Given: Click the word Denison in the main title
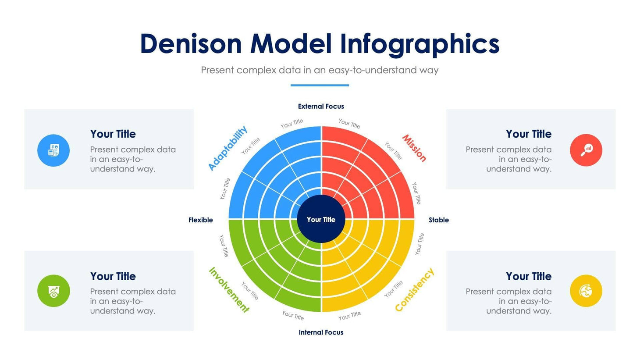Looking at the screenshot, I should [191, 44].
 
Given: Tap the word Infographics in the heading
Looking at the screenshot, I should [420, 44].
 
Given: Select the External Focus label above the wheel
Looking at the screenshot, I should [321, 107].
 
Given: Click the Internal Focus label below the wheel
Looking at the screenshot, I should [321, 332].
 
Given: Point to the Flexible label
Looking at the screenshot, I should [201, 220].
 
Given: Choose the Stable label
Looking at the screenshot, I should [439, 220].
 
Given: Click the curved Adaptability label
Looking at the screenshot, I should [228, 148].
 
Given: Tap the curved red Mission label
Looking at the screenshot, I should [414, 148].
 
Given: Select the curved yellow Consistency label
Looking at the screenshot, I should [414, 290].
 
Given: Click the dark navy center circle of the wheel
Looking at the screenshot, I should [321, 219].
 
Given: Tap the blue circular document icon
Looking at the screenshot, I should [53, 150].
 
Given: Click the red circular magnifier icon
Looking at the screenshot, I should [586, 150].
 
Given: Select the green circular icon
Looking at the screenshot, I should [53, 291].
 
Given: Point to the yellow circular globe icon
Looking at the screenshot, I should [586, 291].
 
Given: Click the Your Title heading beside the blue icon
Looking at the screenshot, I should [113, 134].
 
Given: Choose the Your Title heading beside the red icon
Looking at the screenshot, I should [529, 134].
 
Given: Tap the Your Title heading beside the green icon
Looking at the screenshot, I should [113, 276].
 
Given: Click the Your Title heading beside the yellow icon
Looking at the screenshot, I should [529, 276].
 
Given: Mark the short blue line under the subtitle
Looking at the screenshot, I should [320, 85].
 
